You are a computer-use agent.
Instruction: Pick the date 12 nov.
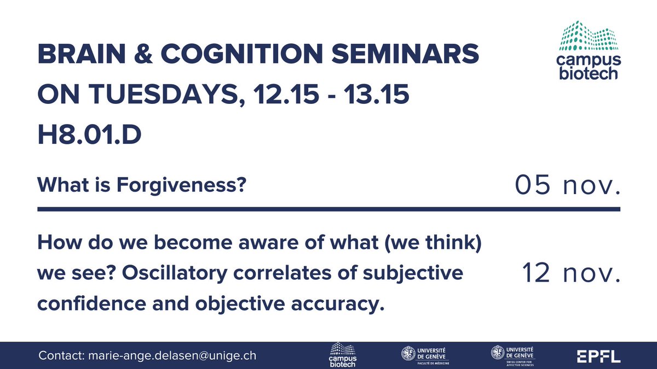point(571,272)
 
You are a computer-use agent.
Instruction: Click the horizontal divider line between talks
point(328,209)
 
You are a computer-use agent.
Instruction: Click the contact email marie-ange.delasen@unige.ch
point(171,356)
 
